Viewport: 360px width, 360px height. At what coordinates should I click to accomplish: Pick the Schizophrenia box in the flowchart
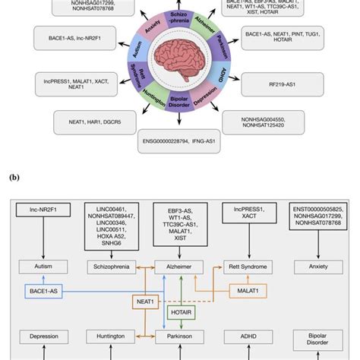tap(112, 267)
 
